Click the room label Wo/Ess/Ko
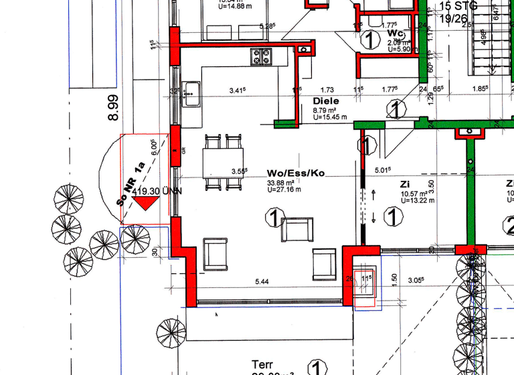point(295,173)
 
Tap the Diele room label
point(326,100)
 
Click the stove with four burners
point(260,57)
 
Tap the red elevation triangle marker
point(145,204)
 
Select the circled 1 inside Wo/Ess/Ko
point(272,216)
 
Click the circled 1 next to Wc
point(367,41)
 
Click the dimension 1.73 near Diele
point(327,89)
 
